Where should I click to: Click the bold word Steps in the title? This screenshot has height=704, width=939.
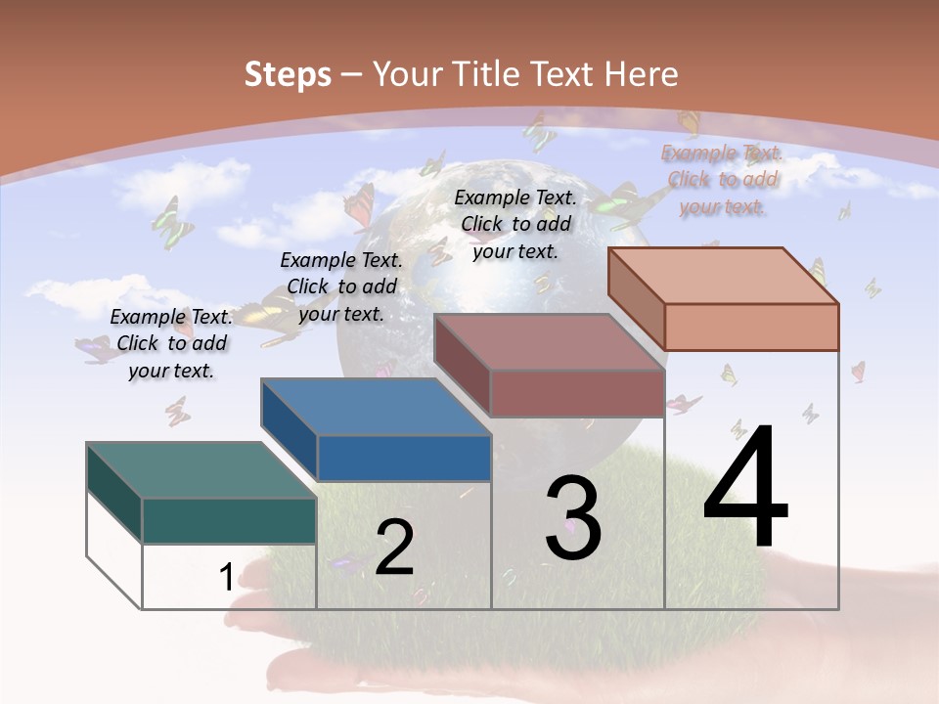(x=288, y=74)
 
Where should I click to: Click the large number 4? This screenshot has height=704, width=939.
(x=745, y=486)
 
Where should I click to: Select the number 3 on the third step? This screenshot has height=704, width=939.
(x=573, y=518)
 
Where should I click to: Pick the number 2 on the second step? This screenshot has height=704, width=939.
(x=395, y=548)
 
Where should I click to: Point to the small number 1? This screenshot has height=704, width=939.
(x=226, y=577)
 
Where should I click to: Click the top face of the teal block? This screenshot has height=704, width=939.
(x=201, y=470)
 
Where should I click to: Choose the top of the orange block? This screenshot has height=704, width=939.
(x=724, y=276)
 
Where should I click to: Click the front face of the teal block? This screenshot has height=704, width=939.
(x=229, y=520)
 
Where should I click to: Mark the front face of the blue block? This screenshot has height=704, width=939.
(x=404, y=458)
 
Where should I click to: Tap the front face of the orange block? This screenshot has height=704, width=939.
(x=751, y=327)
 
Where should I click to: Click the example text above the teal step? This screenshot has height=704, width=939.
(x=171, y=343)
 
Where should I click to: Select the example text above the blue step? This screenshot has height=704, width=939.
(x=341, y=286)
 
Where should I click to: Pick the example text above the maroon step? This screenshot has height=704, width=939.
(x=515, y=224)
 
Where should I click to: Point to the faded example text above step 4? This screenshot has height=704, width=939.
(x=722, y=179)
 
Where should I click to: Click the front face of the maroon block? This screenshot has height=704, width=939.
(x=577, y=393)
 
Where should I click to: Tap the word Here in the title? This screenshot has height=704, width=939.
(x=641, y=74)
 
